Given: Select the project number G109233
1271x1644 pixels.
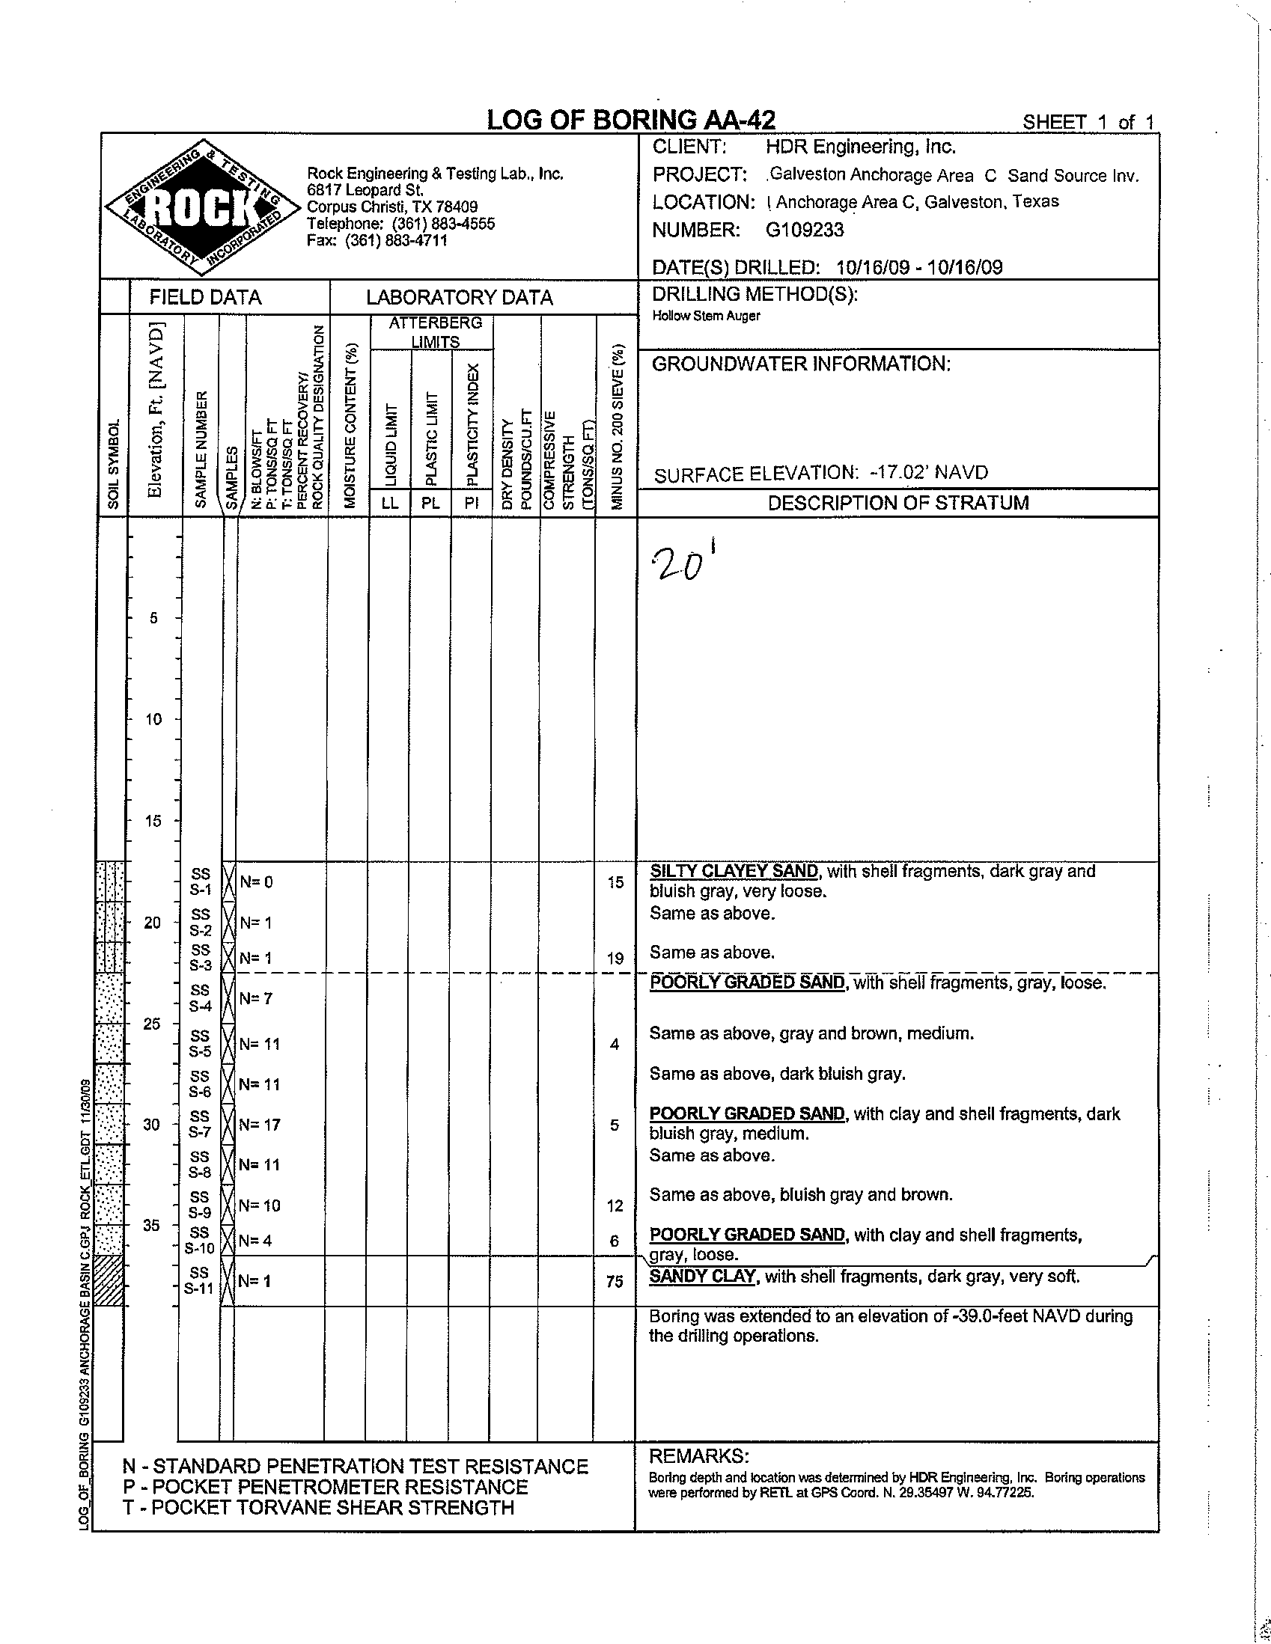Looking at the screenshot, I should coord(804,230).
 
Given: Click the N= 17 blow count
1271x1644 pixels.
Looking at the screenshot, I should coord(260,1125).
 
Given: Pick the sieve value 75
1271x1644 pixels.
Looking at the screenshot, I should coord(615,1280).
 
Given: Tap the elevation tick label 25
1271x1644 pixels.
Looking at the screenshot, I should coord(152,1024).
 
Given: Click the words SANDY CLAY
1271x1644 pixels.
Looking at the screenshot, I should coord(703,1276).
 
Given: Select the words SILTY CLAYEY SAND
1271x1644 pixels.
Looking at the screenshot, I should coord(734,871).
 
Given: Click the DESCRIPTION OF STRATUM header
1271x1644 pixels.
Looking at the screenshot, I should coord(897,503).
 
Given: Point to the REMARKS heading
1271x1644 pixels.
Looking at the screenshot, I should coord(698,1456).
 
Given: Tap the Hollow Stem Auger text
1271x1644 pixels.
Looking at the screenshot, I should coord(706,316).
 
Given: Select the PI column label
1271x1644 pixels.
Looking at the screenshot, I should coord(471,504).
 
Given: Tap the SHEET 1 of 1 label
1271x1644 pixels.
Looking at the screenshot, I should coord(1088,122).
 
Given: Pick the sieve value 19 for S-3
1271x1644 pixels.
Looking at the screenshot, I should coord(615,959).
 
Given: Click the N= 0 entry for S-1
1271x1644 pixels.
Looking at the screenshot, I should coord(256,881).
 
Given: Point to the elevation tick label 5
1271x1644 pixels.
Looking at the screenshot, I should coord(153,618).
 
